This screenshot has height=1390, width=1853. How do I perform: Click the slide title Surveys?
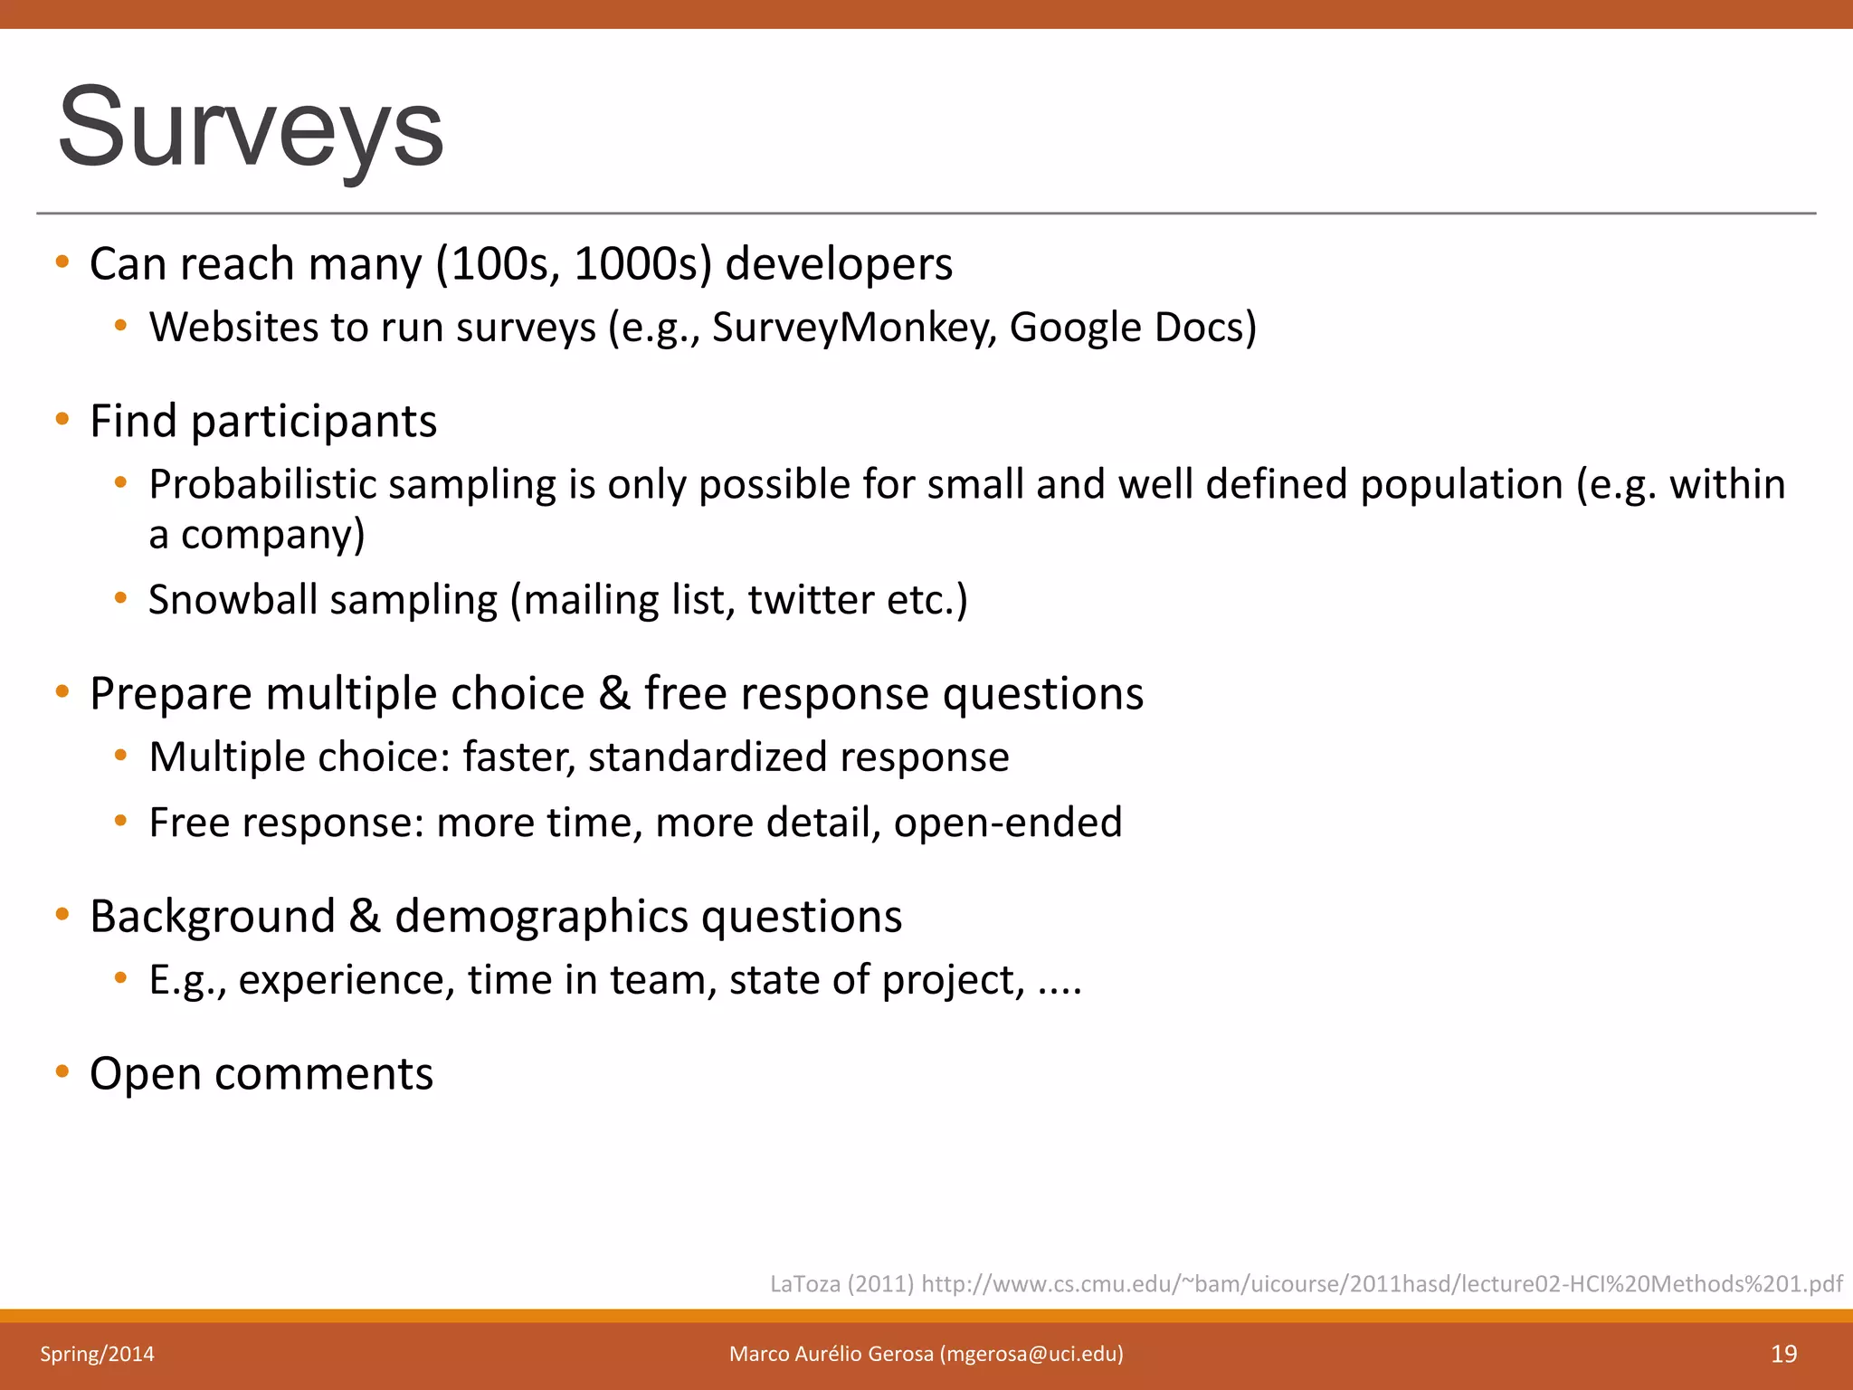(x=251, y=128)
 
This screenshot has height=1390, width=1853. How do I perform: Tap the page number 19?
(x=1783, y=1354)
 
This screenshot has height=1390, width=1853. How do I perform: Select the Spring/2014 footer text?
(x=97, y=1354)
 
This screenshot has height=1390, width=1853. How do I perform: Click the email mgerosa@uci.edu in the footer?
(x=1031, y=1354)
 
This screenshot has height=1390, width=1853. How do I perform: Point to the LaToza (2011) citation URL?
(x=1381, y=1283)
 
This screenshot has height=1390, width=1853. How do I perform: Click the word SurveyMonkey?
(x=854, y=328)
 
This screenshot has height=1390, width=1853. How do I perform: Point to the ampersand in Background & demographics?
(x=365, y=915)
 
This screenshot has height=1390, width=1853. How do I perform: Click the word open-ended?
(x=1007, y=823)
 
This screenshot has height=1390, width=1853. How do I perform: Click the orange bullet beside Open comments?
(x=62, y=1072)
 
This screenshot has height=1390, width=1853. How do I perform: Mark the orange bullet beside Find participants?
(x=62, y=419)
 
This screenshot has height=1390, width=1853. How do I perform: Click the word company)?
(x=272, y=535)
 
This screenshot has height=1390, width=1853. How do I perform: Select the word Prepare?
(x=171, y=694)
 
